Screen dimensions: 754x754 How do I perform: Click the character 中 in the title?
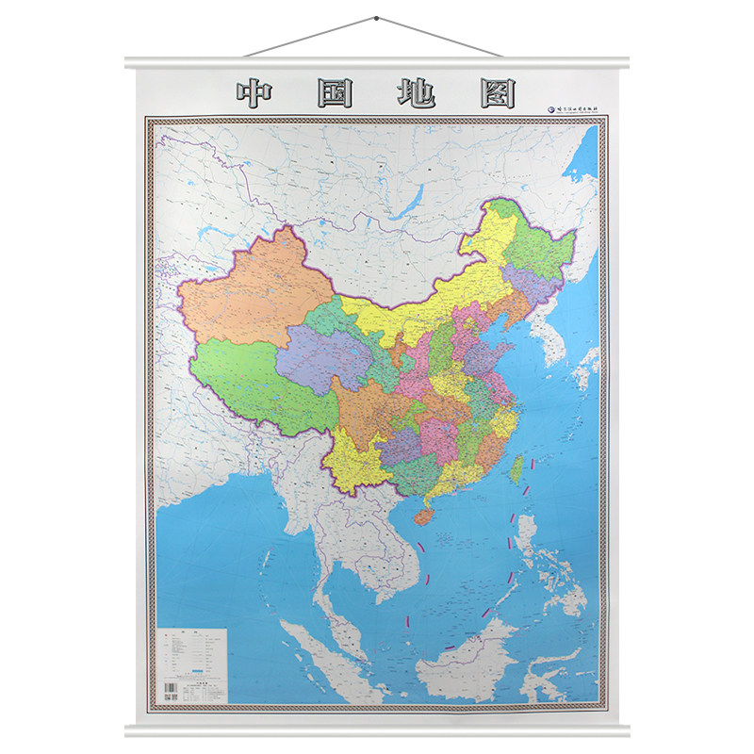[x=257, y=95]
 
